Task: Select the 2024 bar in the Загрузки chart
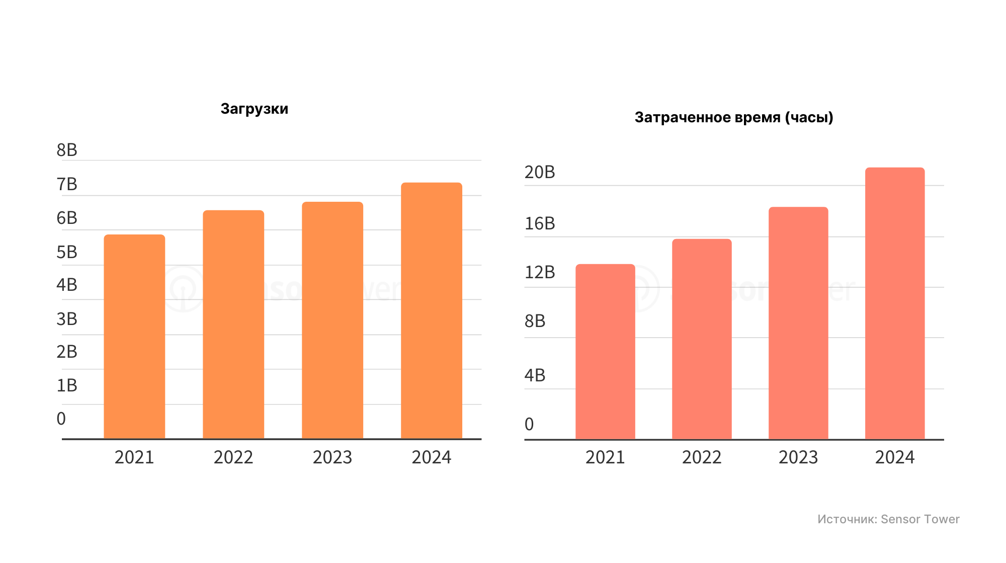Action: pos(431,310)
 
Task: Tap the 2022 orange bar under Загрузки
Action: pos(233,324)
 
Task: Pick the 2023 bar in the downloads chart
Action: pos(332,320)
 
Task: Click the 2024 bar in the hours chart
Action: pos(894,303)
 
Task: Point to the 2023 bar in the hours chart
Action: pos(798,323)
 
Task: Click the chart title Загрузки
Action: pos(255,109)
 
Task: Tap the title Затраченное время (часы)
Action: pos(734,117)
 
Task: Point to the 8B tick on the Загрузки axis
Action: pos(67,150)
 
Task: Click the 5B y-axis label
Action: pos(67,252)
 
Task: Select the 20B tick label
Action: pos(540,172)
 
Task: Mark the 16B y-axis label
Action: pos(540,223)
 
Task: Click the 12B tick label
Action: pos(540,272)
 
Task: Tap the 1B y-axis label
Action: pos(67,385)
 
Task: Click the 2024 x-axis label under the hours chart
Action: pos(894,457)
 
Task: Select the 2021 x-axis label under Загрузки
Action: pos(134,457)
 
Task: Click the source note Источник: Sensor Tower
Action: pos(888,519)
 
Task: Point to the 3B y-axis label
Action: pos(67,319)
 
